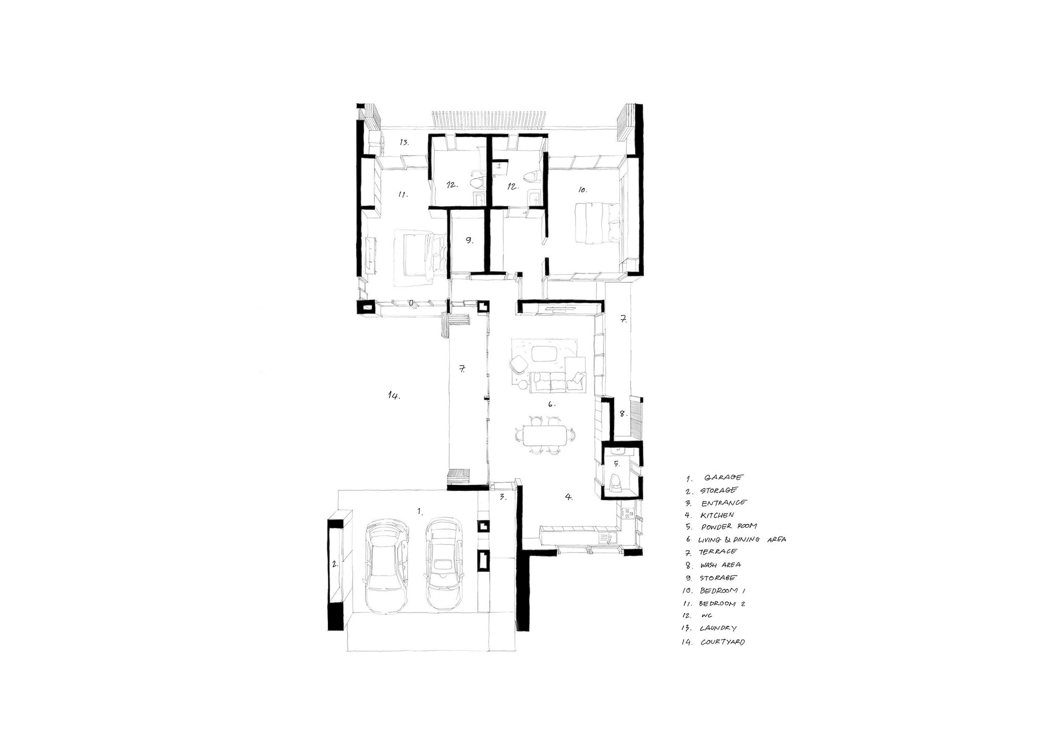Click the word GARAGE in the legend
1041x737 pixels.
pos(723,477)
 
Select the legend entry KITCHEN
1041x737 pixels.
pos(717,515)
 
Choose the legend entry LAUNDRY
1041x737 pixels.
pos(718,629)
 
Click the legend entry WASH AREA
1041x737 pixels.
pos(720,565)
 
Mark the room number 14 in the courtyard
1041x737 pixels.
pos(393,396)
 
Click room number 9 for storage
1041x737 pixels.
pos(469,241)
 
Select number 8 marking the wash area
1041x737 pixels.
pos(623,414)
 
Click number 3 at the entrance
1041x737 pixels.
pos(503,497)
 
